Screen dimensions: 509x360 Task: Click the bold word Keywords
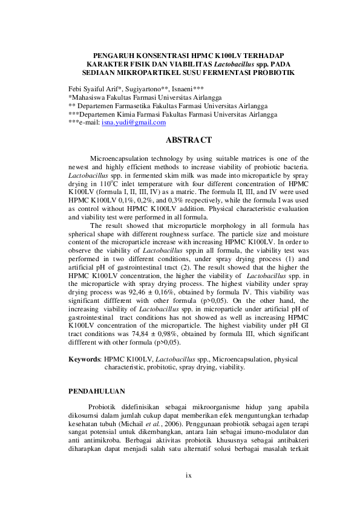point(84,358)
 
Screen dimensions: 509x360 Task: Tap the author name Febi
point(76,88)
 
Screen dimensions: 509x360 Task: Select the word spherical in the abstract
point(84,233)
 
